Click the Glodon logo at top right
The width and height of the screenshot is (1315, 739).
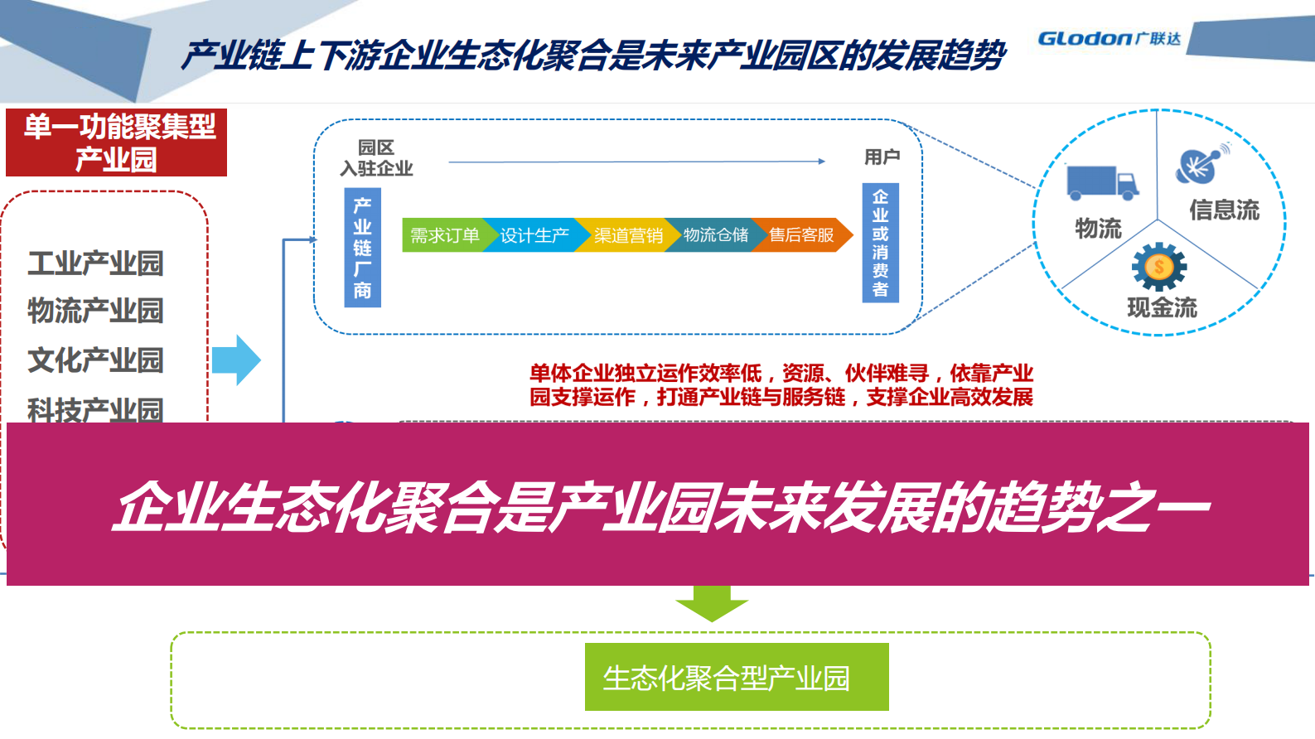click(x=1108, y=38)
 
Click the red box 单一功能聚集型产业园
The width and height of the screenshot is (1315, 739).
click(x=116, y=142)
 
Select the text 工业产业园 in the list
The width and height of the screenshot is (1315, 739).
click(x=95, y=263)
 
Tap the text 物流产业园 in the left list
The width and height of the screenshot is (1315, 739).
click(x=95, y=311)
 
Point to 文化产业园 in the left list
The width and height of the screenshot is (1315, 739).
click(x=95, y=360)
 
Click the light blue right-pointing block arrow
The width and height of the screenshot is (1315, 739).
click(x=236, y=360)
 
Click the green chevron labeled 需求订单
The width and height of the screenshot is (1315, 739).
click(x=444, y=235)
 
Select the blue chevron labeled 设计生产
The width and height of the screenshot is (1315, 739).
click(x=534, y=235)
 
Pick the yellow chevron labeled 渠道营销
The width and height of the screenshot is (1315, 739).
click(x=627, y=235)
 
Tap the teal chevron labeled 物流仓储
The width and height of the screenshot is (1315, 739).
click(x=716, y=235)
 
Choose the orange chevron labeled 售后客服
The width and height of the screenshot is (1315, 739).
click(x=803, y=235)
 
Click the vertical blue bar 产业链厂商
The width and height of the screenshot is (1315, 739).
click(x=362, y=248)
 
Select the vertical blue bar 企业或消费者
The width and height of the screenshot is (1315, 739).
click(x=880, y=243)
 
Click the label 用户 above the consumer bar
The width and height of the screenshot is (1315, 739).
click(x=882, y=157)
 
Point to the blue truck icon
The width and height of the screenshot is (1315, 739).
click(x=1101, y=184)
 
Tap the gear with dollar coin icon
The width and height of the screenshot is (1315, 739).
click(x=1159, y=267)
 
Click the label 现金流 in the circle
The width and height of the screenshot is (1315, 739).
click(x=1162, y=308)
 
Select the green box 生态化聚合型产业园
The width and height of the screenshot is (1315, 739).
click(x=736, y=677)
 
